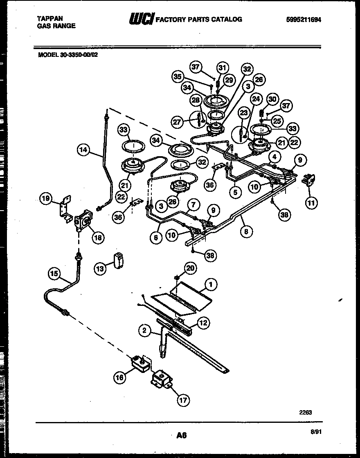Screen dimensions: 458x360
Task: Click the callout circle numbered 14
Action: click(83, 150)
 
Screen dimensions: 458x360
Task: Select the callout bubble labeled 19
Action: click(46, 199)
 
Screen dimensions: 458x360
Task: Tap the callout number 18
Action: click(98, 237)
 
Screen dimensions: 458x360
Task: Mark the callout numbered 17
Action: click(183, 400)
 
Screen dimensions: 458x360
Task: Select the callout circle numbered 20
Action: click(190, 268)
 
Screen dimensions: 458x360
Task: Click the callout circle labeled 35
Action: click(177, 76)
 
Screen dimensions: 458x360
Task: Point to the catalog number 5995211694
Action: click(304, 19)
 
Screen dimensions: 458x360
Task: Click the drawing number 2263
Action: click(306, 413)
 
